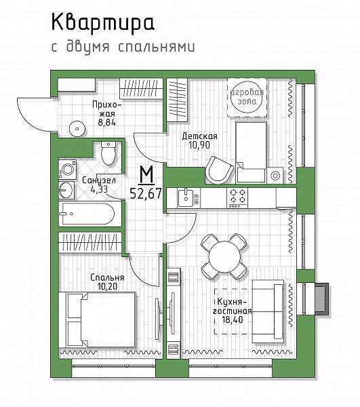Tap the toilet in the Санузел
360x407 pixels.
point(108,153)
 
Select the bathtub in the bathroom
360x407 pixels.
point(88,214)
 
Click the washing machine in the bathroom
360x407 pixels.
point(68,169)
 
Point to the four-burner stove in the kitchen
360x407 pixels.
point(237,198)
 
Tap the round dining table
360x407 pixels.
point(224,256)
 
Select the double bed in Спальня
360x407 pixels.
point(98,319)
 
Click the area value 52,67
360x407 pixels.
point(146,193)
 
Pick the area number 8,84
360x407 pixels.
point(106,123)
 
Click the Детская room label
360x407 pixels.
point(199,136)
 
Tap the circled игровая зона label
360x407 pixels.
point(247,97)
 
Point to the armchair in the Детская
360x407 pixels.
point(219,170)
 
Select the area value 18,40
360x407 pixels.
point(233,319)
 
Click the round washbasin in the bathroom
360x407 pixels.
point(66,190)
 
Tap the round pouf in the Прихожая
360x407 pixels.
point(77,129)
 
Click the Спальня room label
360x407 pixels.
point(107,277)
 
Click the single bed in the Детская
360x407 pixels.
point(251,152)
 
